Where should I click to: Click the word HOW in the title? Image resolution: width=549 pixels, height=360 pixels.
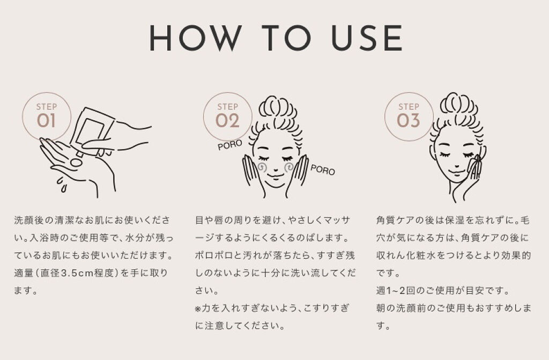click(x=195, y=38)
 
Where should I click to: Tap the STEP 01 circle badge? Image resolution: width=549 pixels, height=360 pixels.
click(x=47, y=117)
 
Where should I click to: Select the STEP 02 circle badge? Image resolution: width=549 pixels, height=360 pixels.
click(x=227, y=117)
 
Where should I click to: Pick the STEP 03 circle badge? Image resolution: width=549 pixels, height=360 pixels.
click(x=409, y=117)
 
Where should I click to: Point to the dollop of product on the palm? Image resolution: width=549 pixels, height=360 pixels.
click(x=76, y=163)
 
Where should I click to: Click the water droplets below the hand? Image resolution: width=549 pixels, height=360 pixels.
click(x=62, y=185)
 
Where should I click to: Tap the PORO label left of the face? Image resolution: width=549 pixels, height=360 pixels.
click(x=229, y=145)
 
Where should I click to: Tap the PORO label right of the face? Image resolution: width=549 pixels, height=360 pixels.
click(x=322, y=170)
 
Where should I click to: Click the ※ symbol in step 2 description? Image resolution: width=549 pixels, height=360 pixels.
click(x=198, y=308)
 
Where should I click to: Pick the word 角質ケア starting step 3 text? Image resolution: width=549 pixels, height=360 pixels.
click(x=396, y=220)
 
